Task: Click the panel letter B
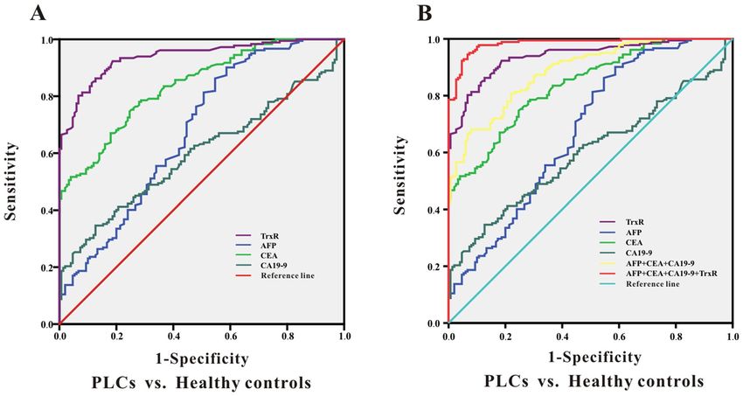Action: click(424, 12)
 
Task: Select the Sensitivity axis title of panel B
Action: click(403, 180)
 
